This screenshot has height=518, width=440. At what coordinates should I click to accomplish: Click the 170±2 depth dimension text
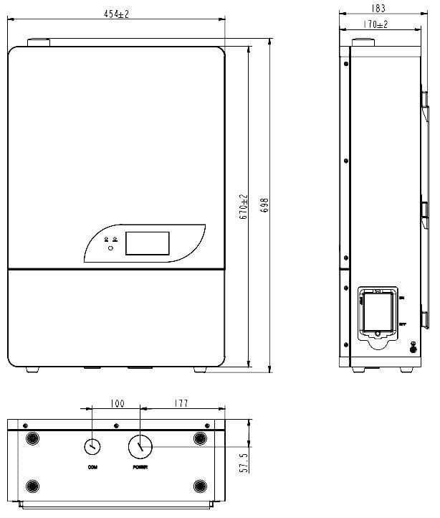[376, 25]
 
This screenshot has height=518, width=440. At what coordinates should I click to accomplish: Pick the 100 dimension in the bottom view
[116, 405]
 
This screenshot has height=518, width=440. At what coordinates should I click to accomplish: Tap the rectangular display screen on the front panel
[148, 243]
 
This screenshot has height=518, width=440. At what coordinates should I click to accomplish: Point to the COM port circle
[92, 446]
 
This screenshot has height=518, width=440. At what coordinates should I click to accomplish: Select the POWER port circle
[140, 446]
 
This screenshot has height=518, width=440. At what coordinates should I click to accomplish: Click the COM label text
[92, 467]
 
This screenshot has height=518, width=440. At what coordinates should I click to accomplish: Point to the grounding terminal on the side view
[413, 348]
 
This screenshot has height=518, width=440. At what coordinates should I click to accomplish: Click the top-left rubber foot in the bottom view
[32, 438]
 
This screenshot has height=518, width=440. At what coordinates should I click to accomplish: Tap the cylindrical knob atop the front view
[39, 43]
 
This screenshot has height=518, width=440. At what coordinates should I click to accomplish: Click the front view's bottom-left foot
[32, 369]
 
